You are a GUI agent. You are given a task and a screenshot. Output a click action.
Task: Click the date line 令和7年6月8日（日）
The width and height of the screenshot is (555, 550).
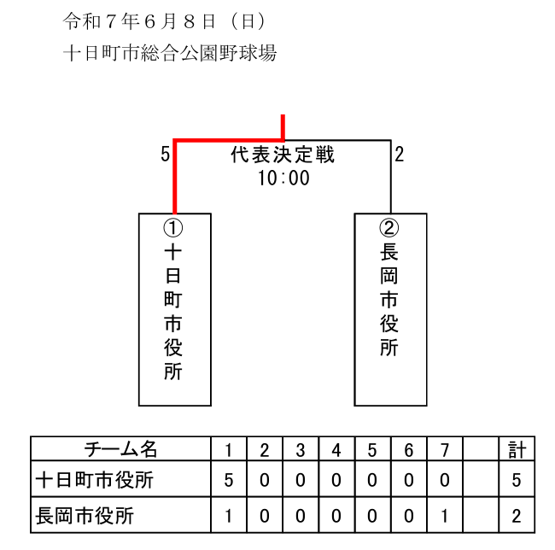(x=165, y=21)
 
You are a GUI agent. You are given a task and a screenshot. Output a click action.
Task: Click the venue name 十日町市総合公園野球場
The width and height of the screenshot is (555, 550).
(x=170, y=53)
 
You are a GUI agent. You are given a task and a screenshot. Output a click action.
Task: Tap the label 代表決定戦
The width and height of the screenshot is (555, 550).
(x=283, y=155)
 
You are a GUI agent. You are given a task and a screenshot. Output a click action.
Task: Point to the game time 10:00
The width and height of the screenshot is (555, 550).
(x=283, y=178)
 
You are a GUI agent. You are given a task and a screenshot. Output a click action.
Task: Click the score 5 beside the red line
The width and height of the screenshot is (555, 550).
(x=165, y=155)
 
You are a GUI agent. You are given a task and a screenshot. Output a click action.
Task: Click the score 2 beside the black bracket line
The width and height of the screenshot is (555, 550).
(x=400, y=155)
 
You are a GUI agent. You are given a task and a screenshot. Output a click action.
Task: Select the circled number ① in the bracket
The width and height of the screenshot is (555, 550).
(x=173, y=227)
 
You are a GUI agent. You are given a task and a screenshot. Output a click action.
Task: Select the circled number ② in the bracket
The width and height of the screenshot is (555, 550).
(x=389, y=227)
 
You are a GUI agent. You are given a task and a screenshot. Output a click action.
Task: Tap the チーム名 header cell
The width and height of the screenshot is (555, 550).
(x=120, y=448)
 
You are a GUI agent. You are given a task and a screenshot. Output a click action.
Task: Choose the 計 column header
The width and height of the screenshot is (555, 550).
(x=517, y=448)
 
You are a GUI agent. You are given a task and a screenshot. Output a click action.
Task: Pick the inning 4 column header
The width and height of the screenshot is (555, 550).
(x=336, y=448)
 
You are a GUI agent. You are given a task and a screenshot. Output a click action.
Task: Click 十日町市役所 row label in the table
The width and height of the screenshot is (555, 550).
(x=95, y=480)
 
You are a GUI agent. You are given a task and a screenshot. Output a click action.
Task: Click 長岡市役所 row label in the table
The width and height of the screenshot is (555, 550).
(x=85, y=516)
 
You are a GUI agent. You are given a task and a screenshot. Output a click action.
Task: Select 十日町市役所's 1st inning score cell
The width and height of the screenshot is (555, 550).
(x=229, y=479)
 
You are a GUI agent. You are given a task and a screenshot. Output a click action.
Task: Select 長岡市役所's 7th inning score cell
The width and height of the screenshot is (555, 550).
(x=445, y=515)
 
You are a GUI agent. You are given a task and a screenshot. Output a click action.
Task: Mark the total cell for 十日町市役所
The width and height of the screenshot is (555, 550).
(x=517, y=479)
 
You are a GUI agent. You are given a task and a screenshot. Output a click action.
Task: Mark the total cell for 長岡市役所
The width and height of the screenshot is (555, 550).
(x=517, y=515)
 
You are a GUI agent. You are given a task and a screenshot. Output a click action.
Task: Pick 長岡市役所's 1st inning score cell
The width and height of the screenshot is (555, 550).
(x=229, y=515)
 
